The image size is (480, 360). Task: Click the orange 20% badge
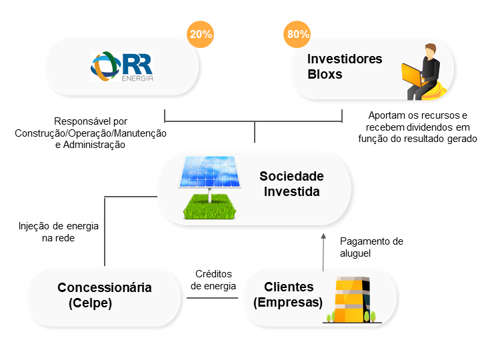pyautogui.click(x=201, y=35)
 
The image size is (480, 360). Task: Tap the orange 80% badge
pyautogui.click(x=298, y=35)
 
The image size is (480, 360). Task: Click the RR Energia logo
pyautogui.click(x=122, y=67)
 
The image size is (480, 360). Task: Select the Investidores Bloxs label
pyautogui.click(x=344, y=67)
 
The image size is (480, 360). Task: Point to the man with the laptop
pyautogui.click(x=423, y=72)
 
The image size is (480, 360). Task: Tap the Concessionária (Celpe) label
pyautogui.click(x=104, y=295)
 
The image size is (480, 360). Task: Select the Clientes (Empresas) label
pyautogui.click(x=288, y=295)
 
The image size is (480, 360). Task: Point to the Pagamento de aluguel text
pyautogui.click(x=371, y=247)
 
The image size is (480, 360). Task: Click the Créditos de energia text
pyautogui.click(x=213, y=280)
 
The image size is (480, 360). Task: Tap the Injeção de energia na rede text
pyautogui.click(x=59, y=231)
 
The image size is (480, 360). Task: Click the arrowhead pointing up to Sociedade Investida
pyautogui.click(x=323, y=237)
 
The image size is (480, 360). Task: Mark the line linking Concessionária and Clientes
pyautogui.click(x=212, y=297)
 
